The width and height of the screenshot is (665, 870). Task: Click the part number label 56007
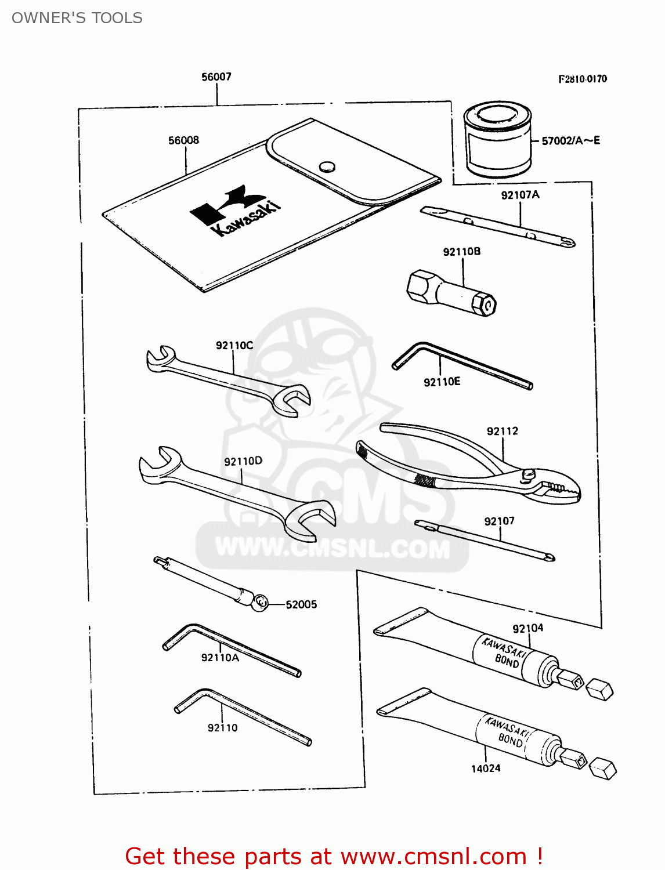click(x=216, y=77)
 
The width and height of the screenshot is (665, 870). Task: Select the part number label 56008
click(x=183, y=140)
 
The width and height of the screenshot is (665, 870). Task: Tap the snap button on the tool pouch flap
click(x=327, y=167)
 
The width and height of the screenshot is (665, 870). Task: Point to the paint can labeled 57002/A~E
click(x=498, y=140)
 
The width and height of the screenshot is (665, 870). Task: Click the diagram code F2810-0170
click(x=582, y=79)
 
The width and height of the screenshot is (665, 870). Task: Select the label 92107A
click(x=520, y=195)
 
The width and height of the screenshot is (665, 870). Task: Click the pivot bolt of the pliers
click(x=527, y=474)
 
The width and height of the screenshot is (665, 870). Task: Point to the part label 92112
click(x=502, y=431)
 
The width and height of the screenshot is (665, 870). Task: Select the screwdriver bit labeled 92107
click(x=485, y=541)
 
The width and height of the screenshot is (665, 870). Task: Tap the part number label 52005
click(x=301, y=604)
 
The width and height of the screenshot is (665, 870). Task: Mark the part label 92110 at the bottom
click(x=222, y=728)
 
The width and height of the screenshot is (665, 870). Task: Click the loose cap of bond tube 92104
click(x=599, y=690)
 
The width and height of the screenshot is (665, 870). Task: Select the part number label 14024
click(x=485, y=768)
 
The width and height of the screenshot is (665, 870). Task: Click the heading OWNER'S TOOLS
click(x=77, y=18)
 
